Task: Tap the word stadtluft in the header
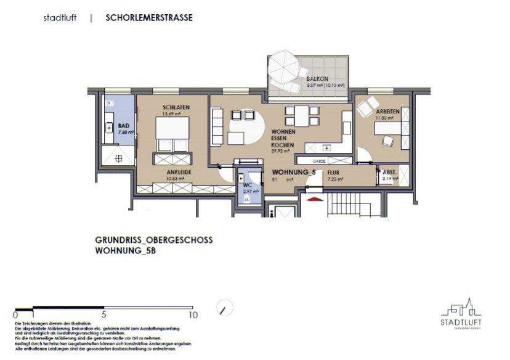[60, 18]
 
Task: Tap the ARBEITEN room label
[388, 111]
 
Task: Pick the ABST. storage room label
[389, 173]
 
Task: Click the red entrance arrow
[314, 198]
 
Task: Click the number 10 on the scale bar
[193, 314]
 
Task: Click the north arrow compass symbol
[227, 306]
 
